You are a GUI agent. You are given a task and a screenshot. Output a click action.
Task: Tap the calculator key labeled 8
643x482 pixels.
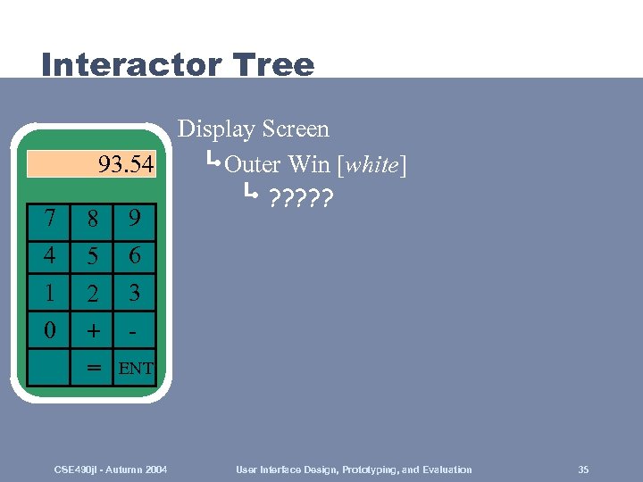point(91,219)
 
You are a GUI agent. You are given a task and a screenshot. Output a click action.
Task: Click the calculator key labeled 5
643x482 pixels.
point(91,256)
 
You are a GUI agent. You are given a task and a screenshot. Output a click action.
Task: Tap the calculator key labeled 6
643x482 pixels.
point(134,256)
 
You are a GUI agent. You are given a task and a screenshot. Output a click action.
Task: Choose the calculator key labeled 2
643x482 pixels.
point(91,293)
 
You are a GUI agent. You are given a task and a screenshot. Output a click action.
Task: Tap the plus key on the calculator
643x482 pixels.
point(91,330)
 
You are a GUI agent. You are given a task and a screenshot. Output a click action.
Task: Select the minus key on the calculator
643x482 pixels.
point(134,330)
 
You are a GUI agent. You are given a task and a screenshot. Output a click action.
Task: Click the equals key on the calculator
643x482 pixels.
point(91,367)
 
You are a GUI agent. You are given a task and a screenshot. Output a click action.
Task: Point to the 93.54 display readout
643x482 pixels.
point(125,165)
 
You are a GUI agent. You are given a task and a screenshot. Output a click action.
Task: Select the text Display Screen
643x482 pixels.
point(254,129)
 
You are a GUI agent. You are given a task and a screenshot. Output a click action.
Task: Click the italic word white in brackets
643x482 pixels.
point(372,165)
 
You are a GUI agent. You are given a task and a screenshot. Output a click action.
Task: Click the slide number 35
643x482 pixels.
point(583,470)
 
